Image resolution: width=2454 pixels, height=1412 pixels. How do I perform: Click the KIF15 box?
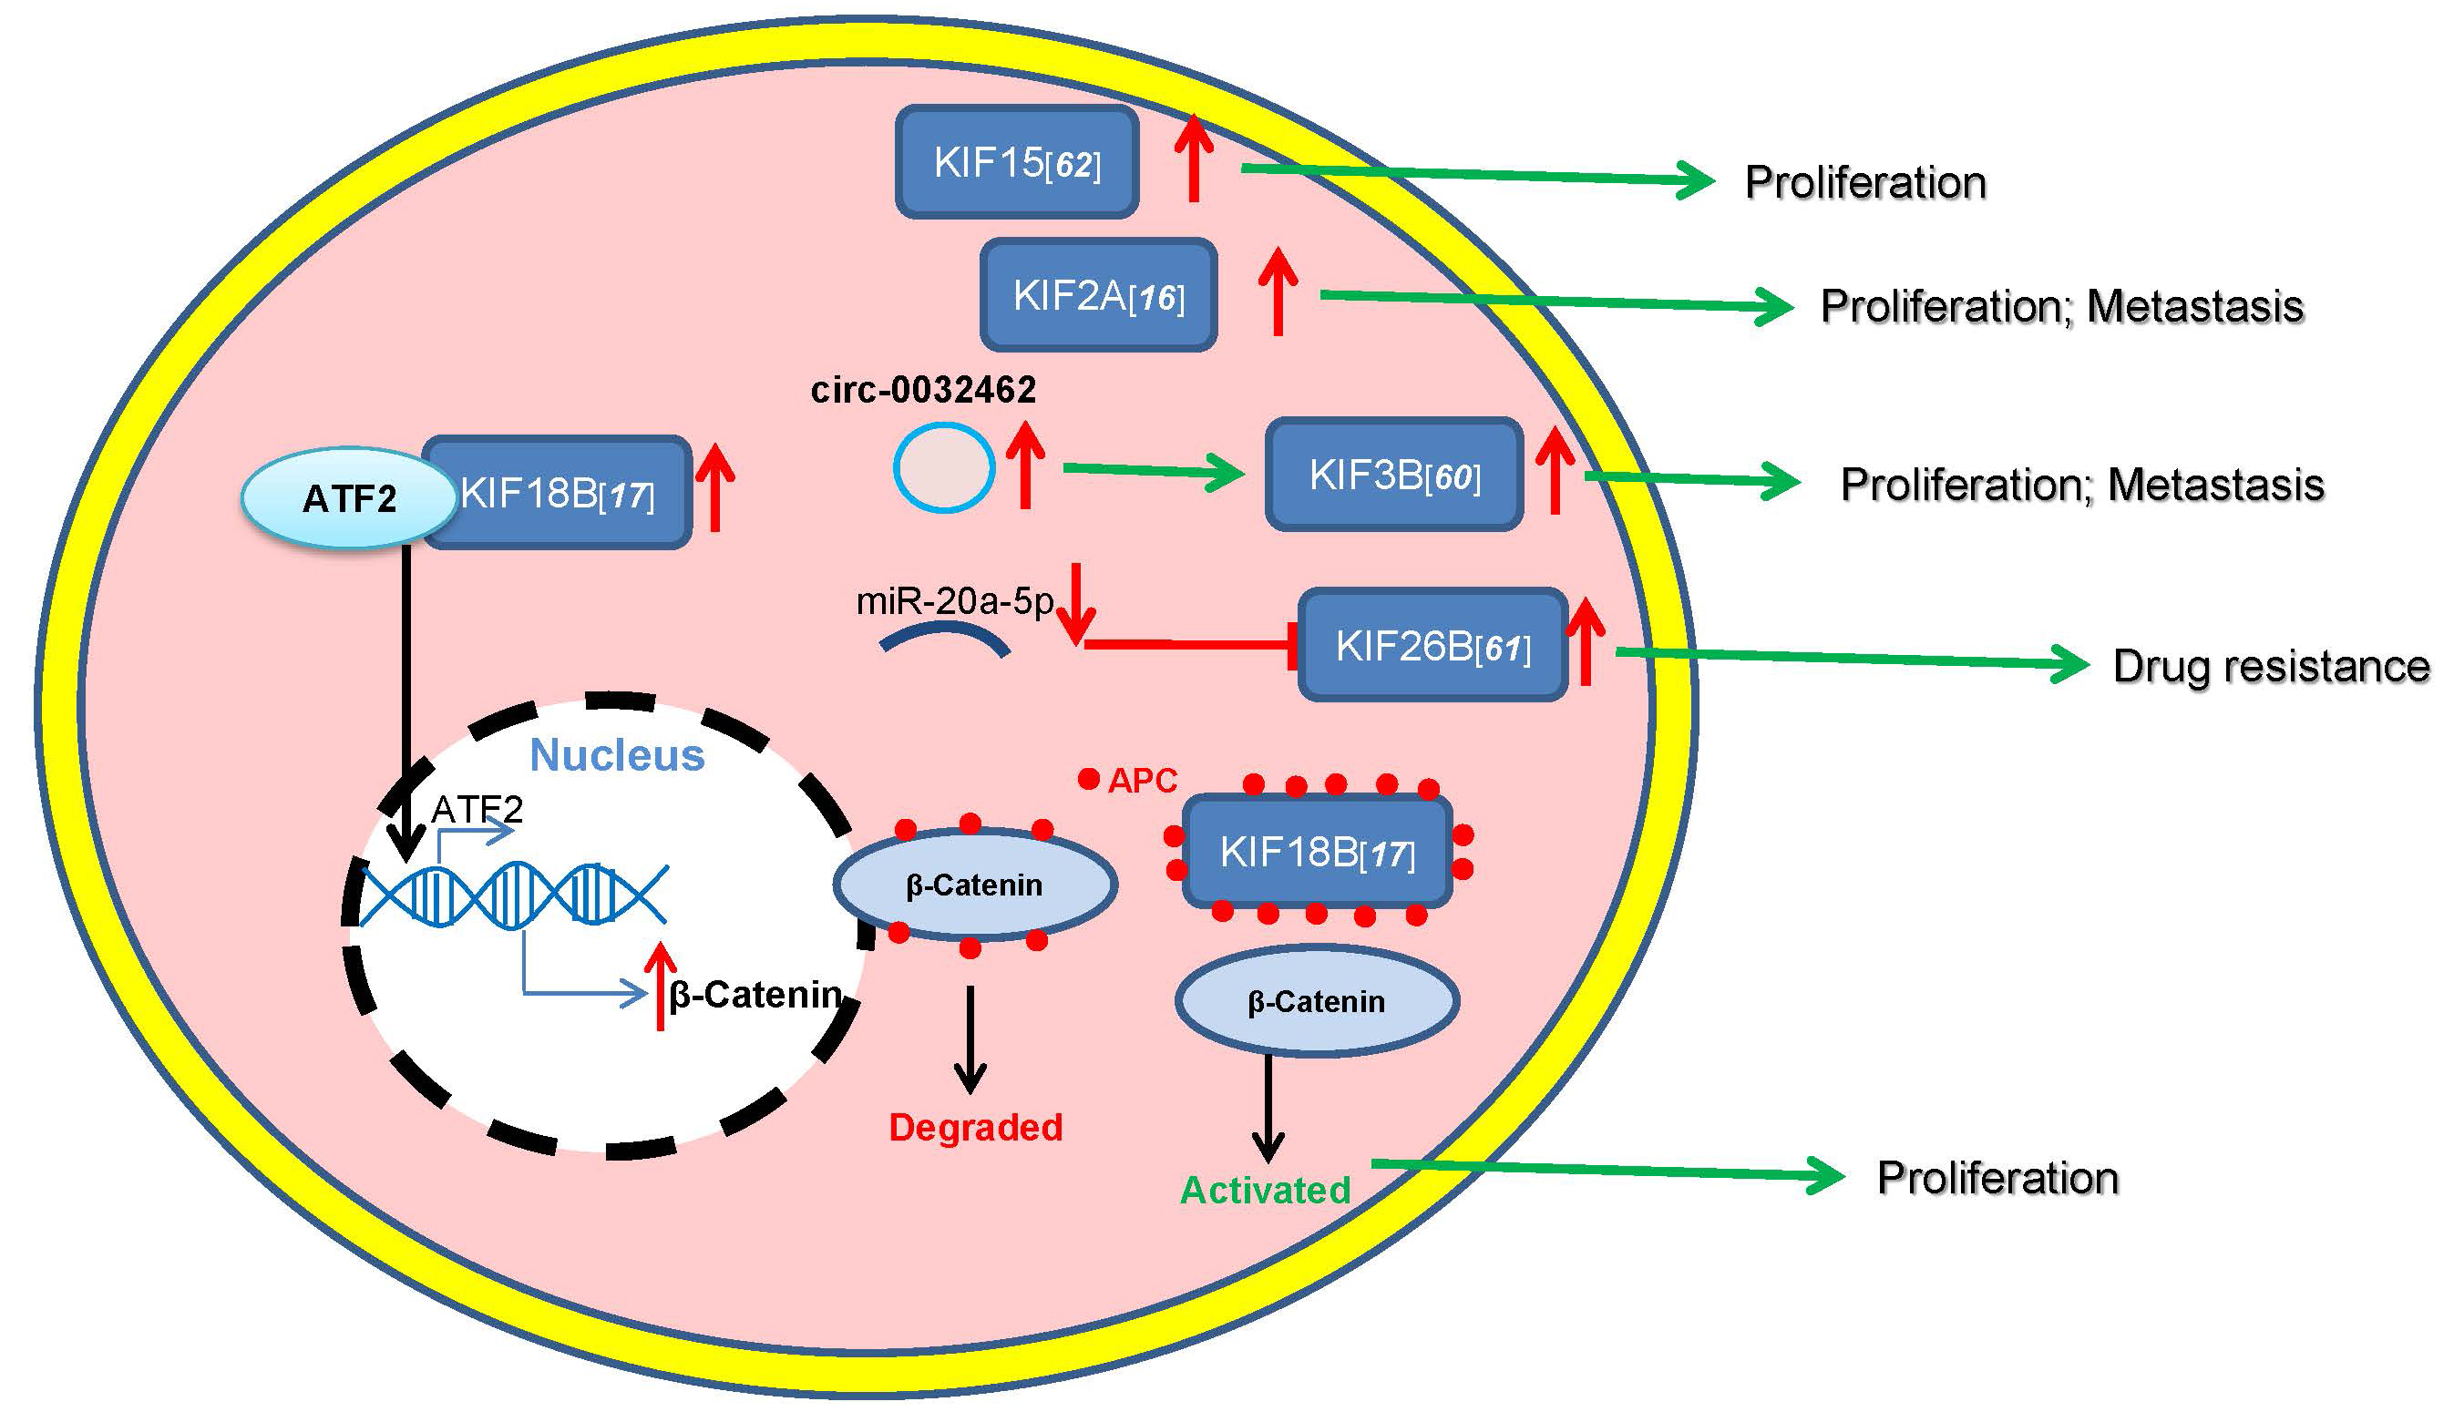1017,162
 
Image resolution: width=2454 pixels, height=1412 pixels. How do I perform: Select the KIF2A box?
1098,295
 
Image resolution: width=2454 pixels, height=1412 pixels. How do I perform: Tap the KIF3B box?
1394,475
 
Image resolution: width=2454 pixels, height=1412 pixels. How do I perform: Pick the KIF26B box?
1432,645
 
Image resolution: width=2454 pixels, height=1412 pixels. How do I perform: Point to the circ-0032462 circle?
944,467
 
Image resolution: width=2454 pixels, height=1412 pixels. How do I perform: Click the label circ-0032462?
923,390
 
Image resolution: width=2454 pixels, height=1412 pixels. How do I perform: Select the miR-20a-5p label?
954,602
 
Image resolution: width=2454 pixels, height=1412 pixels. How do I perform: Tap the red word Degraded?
976,1128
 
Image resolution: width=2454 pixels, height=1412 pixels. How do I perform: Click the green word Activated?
1265,1190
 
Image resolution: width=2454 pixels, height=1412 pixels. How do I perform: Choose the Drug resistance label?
2271,666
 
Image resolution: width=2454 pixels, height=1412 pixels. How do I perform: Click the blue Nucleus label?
617,755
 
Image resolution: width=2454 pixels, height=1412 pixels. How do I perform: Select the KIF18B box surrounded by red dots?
1317,853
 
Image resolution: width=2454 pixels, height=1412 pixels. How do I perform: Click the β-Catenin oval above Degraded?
975,885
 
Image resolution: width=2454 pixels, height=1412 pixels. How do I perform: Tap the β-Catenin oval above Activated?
1316,1001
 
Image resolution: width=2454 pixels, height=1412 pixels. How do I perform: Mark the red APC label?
1143,781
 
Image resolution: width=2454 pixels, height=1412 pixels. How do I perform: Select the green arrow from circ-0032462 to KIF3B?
1155,471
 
